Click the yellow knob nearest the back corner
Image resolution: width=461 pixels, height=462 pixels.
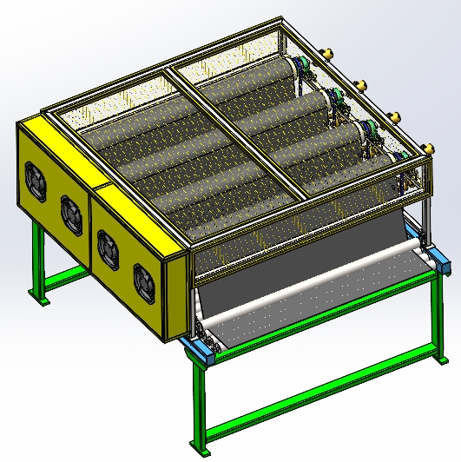[x=329, y=55]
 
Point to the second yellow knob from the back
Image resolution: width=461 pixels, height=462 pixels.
[x=358, y=83]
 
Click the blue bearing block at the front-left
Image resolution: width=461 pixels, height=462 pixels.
[x=201, y=348]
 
